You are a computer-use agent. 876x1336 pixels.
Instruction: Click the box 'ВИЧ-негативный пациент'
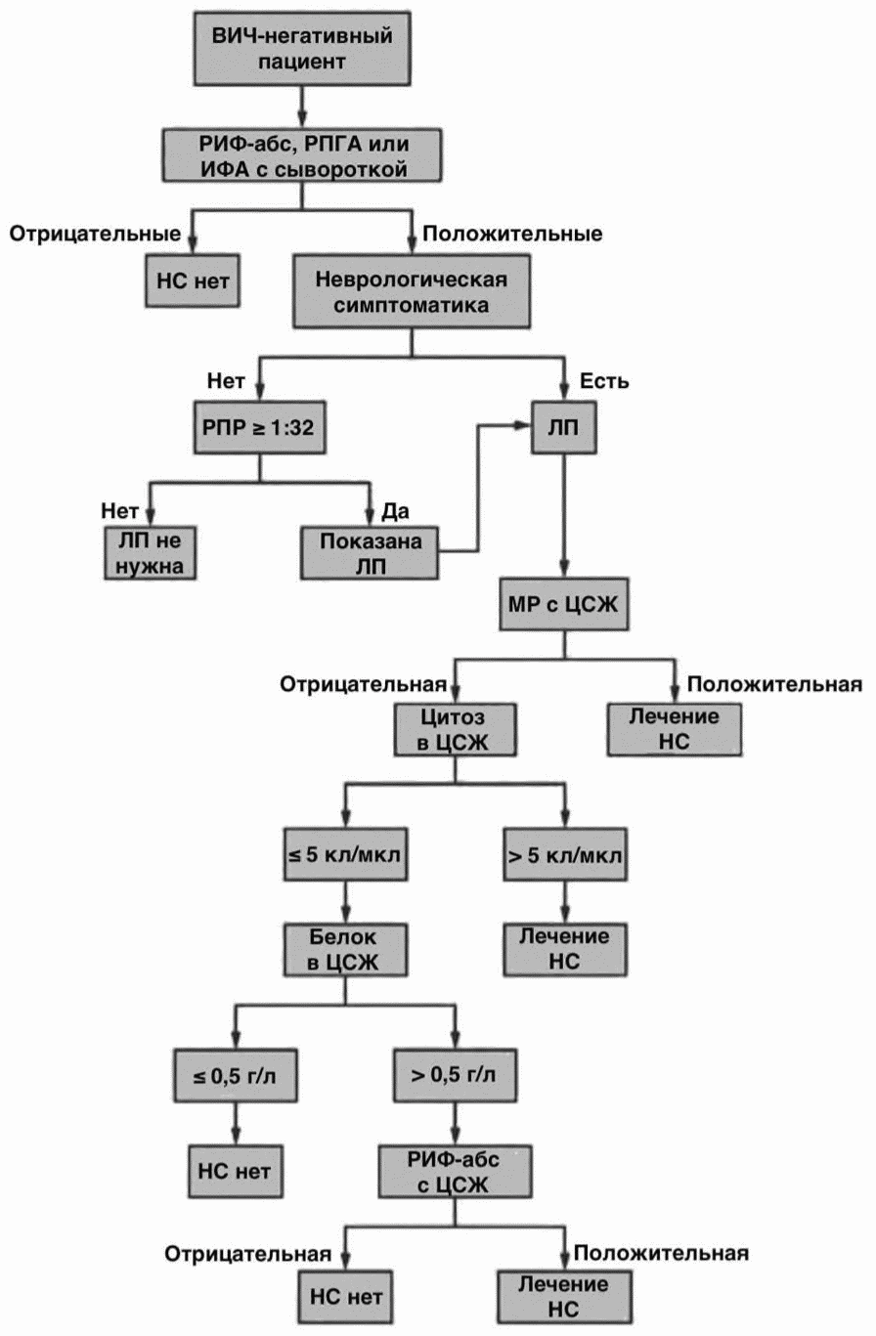pos(302,48)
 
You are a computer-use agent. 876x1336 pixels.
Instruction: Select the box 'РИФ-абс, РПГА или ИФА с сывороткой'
pos(302,155)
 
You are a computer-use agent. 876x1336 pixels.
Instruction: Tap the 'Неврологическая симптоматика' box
pos(412,291)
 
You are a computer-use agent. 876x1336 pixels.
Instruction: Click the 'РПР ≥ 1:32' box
pos(260,427)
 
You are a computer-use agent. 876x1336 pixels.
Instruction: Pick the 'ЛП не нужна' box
pos(150,553)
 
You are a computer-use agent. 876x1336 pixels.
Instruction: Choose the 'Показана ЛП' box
pos(370,553)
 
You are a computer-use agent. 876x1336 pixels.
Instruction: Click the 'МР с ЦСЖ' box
pos(564,604)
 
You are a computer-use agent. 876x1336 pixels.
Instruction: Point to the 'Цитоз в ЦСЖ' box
pos(455,729)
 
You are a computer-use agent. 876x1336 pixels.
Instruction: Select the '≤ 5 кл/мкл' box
pos(345,854)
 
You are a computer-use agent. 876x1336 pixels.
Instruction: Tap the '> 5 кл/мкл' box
pos(565,854)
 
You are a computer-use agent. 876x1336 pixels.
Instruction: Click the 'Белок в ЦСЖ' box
pos(345,950)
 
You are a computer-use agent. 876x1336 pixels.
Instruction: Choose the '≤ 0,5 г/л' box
pos(236,1075)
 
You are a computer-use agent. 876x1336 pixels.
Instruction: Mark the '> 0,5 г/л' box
pos(455,1075)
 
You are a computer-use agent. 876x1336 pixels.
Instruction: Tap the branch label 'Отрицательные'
pos(95,234)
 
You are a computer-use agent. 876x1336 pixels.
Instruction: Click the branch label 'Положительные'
pos(512,234)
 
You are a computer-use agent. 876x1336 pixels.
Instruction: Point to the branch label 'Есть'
pos(604,380)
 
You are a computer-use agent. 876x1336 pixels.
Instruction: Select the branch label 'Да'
pos(395,510)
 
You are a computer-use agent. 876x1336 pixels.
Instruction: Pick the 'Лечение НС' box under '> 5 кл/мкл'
pos(565,950)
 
